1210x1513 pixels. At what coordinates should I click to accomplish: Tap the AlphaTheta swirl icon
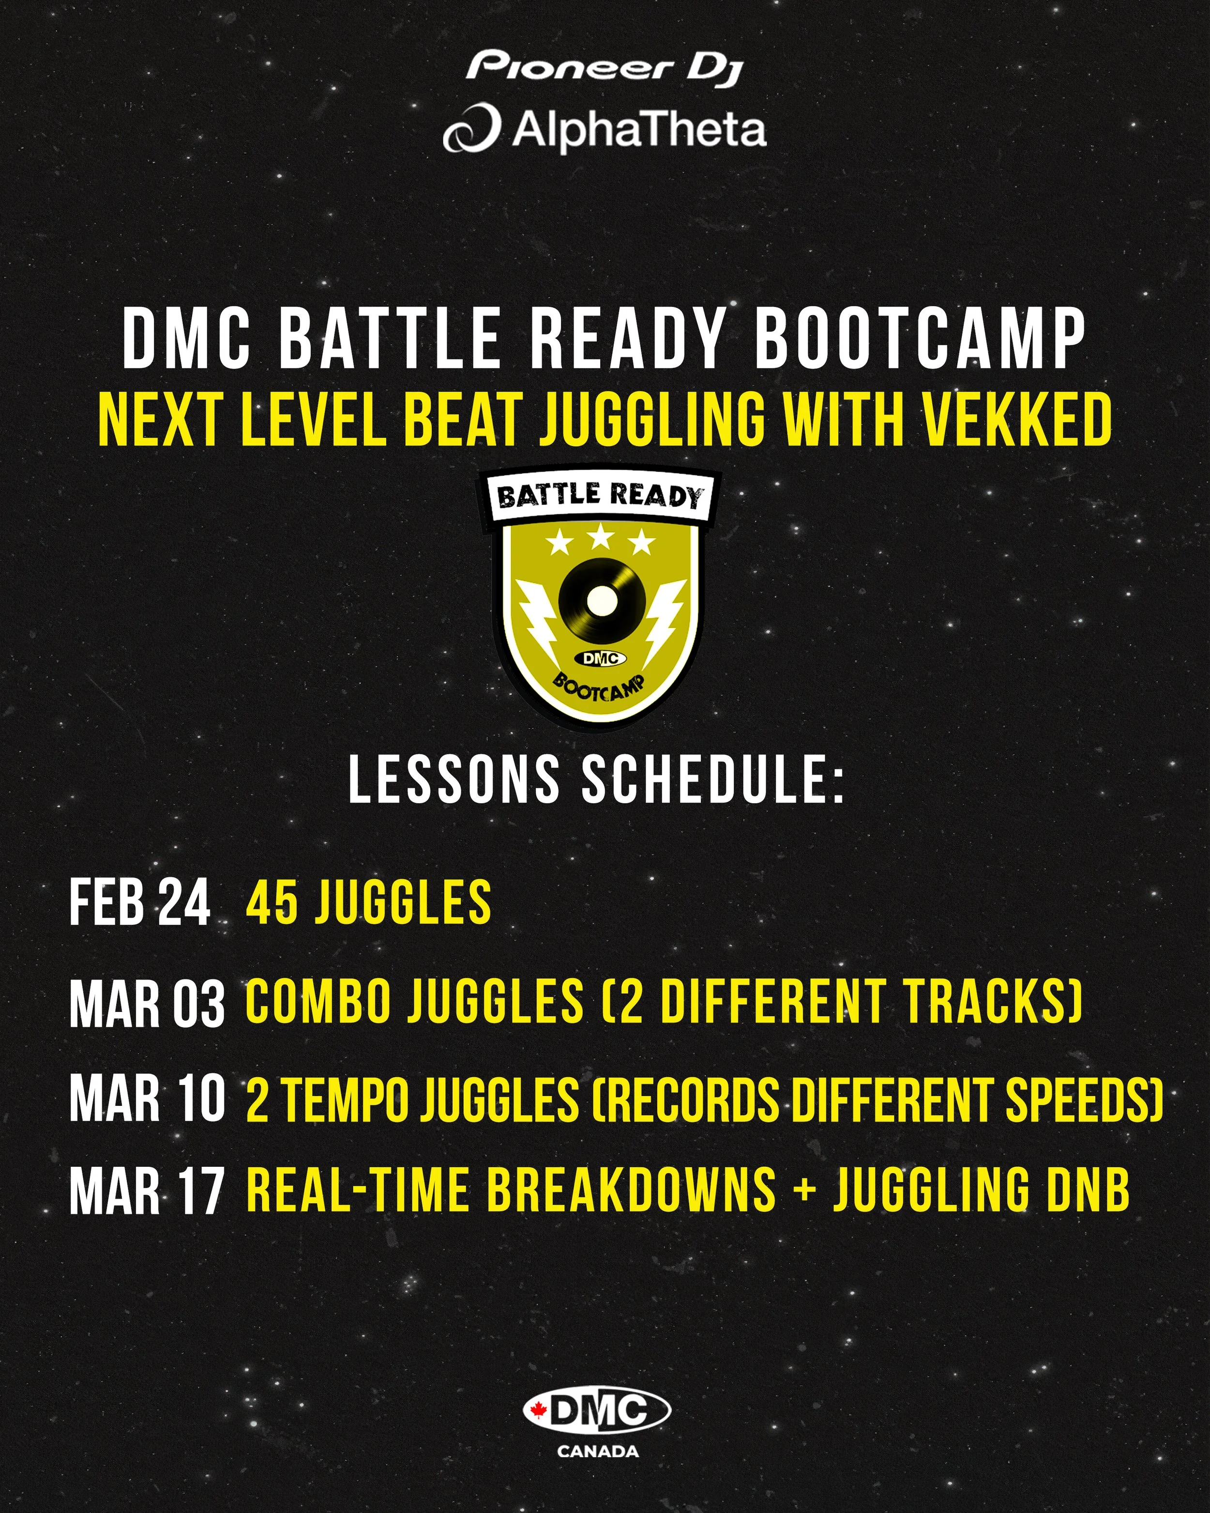[x=471, y=128]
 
